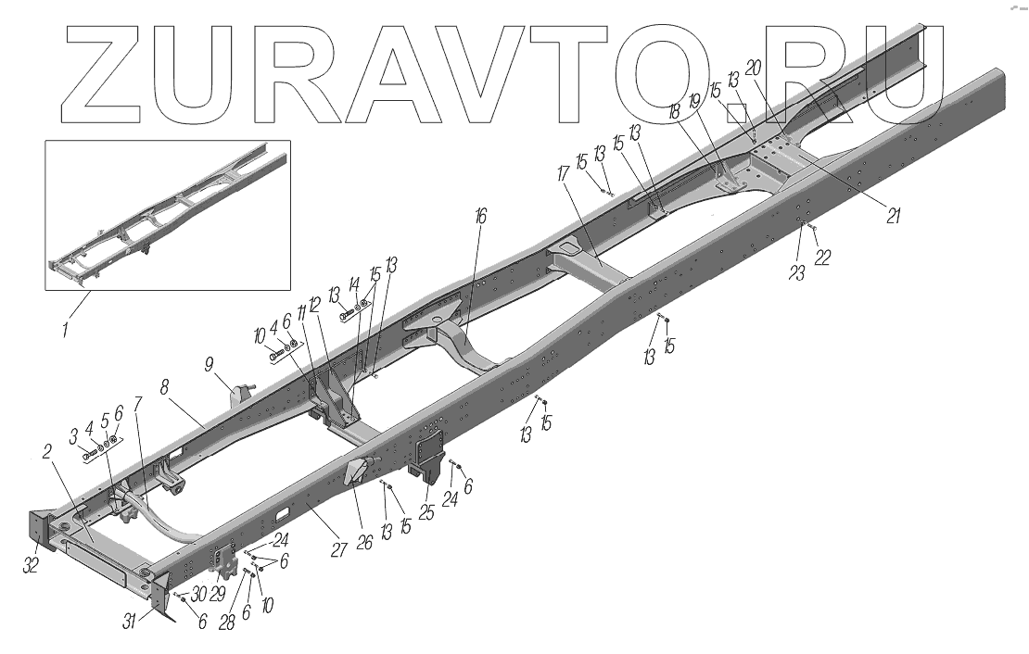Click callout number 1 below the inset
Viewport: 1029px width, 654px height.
(65, 328)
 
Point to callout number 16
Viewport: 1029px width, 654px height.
(478, 217)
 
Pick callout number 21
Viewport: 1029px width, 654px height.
(893, 215)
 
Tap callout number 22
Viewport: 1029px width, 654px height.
(822, 258)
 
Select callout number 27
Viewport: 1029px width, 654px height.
(339, 549)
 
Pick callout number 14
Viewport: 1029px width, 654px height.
(353, 283)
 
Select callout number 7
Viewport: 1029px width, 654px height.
(138, 404)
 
